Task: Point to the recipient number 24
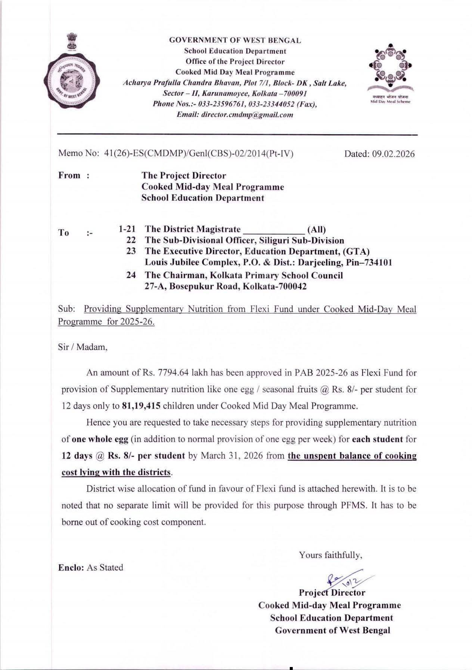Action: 131,275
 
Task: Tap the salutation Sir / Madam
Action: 83,347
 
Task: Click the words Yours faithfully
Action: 330,555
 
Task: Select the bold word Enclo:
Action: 71,568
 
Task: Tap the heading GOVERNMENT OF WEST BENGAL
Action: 235,40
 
